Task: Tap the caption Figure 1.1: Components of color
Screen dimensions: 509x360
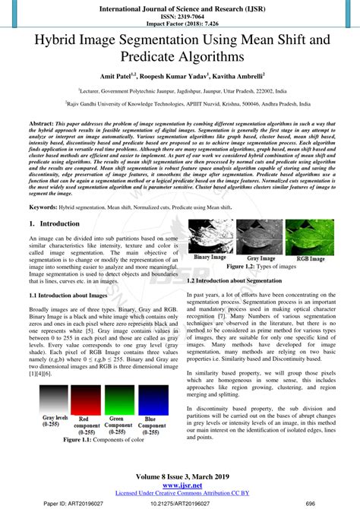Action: [103, 440]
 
